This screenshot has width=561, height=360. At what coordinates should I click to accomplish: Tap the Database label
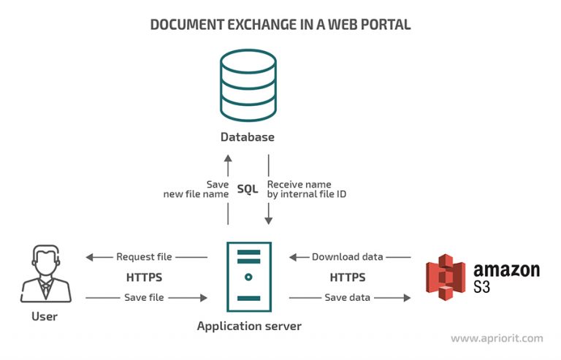point(247,137)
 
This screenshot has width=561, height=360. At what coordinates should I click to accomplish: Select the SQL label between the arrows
point(248,189)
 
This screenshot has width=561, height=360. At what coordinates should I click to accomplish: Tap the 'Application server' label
point(248,326)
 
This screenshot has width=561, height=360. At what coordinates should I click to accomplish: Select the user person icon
point(45,274)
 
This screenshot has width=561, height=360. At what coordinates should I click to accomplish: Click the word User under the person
point(45,317)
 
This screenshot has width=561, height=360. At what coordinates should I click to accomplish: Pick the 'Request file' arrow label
point(145,257)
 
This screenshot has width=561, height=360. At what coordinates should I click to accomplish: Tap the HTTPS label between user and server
point(145,277)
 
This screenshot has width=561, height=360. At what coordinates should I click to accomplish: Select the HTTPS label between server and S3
point(348,277)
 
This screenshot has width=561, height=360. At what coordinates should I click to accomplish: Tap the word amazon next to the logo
point(506,270)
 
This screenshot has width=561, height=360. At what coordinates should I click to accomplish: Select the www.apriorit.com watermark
point(496,339)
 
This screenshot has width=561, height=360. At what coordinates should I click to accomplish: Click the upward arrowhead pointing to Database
point(228,158)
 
